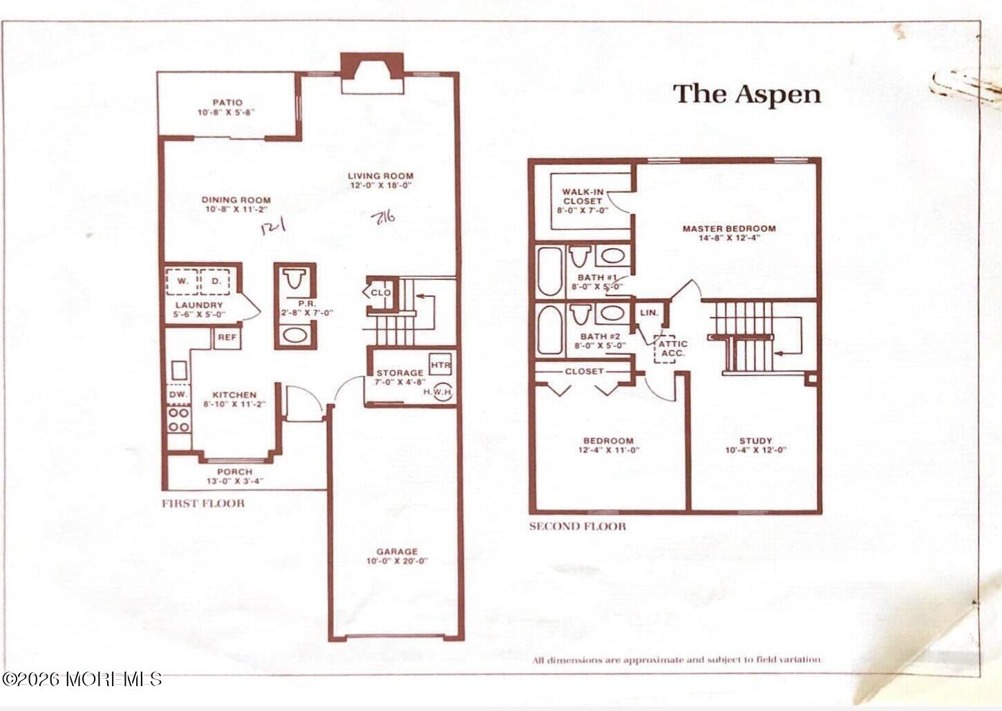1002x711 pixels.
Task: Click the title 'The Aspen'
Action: [747, 94]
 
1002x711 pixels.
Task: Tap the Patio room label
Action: [227, 102]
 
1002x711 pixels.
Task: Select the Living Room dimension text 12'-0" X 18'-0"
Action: [380, 185]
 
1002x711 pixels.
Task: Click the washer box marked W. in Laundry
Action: [182, 281]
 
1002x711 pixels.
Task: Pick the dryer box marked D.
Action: [216, 281]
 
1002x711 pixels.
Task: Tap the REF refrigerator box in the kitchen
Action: [227, 338]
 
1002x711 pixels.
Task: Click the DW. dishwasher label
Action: [178, 394]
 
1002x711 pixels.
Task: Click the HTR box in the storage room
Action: [440, 365]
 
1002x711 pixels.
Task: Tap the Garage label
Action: [397, 551]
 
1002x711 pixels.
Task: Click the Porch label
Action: [234, 472]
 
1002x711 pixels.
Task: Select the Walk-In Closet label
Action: [583, 196]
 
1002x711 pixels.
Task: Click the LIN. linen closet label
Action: [649, 312]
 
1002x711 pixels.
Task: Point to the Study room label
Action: [755, 440]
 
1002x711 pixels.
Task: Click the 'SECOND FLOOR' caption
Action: [577, 527]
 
